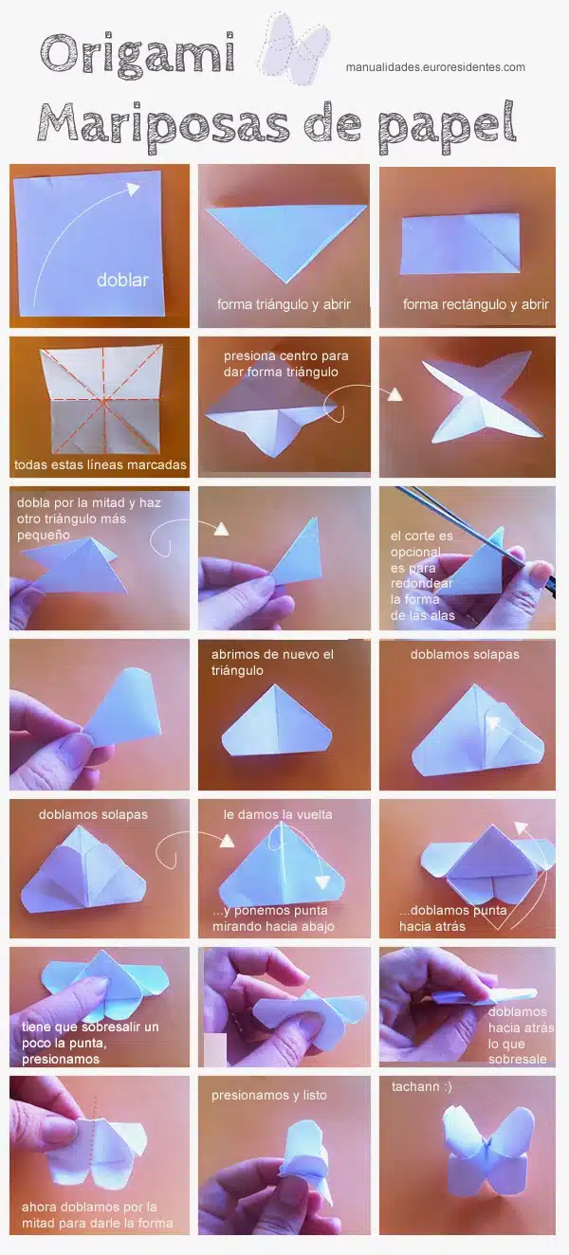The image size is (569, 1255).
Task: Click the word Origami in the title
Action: [138, 55]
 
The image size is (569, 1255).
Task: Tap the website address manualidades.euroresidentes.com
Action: [435, 67]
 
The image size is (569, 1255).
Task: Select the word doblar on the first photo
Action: [122, 280]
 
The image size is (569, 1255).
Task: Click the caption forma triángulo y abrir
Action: [284, 304]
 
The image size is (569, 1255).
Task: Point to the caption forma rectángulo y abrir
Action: [475, 304]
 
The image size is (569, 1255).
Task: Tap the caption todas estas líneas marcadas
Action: [100, 464]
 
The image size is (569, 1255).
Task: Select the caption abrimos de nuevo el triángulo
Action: [272, 663]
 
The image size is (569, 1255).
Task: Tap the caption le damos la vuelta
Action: [278, 814]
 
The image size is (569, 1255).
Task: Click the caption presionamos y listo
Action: [268, 1095]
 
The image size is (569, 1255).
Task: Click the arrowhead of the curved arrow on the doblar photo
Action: [133, 189]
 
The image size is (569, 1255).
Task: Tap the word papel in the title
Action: [446, 126]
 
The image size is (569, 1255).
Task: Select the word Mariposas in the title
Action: [162, 123]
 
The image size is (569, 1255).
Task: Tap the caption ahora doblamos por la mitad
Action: [97, 1214]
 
